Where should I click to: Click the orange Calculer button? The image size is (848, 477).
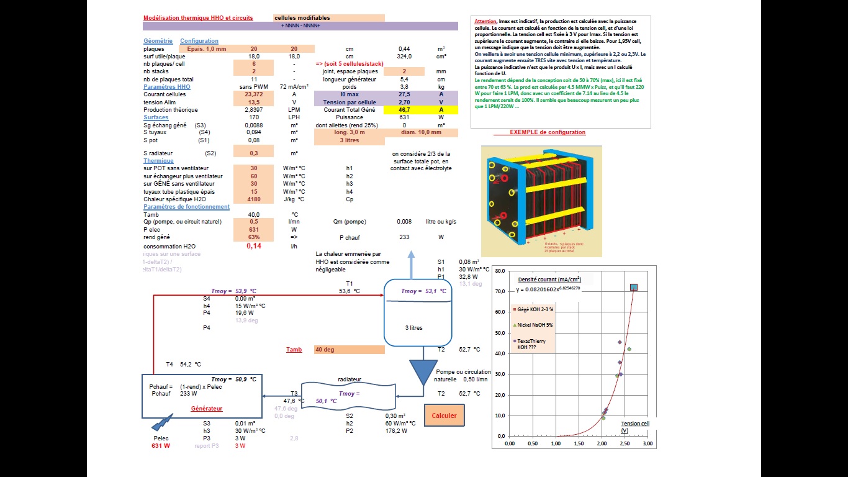tap(444, 416)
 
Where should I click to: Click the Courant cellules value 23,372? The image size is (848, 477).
tap(253, 94)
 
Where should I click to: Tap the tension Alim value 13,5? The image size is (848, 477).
tap(253, 102)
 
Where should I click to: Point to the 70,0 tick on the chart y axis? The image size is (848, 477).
tap(500, 291)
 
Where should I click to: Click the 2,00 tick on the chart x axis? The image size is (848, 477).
tap(602, 444)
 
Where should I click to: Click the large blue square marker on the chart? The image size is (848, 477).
tap(634, 287)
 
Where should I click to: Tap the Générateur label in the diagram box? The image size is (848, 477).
tap(206, 409)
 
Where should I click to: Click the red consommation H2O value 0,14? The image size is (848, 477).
tap(253, 246)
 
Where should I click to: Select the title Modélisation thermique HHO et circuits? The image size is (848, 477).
tap(198, 18)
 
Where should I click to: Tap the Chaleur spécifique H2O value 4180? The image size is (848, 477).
tap(253, 199)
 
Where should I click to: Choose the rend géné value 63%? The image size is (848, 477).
tap(253, 237)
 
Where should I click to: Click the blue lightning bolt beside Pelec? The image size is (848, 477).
tap(162, 424)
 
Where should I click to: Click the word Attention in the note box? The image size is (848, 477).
tap(485, 21)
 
